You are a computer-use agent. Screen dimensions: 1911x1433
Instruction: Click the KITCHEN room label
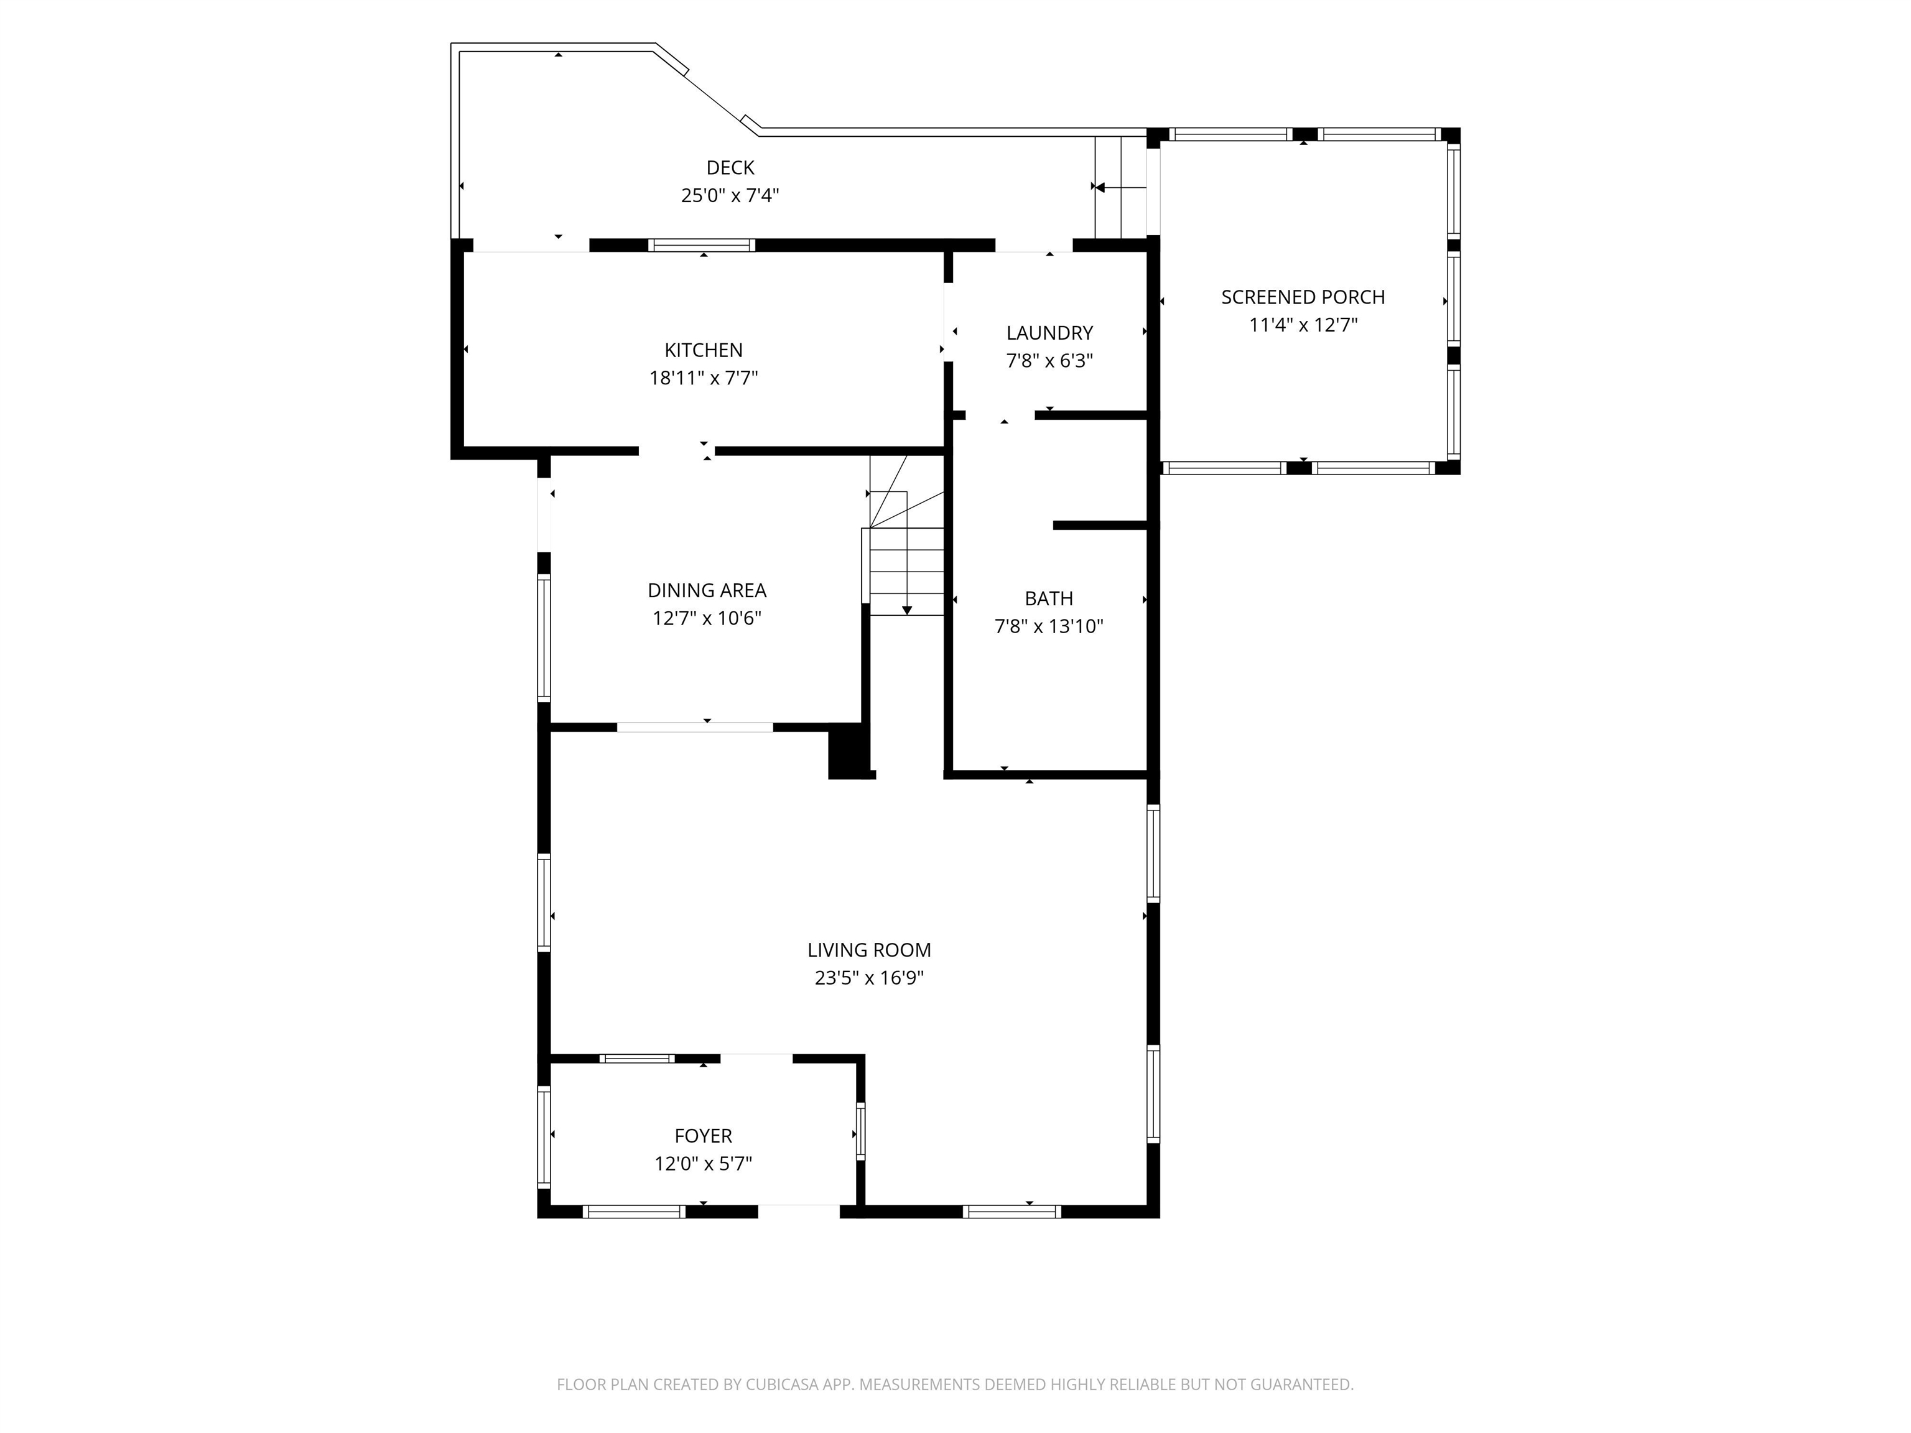pyautogui.click(x=703, y=350)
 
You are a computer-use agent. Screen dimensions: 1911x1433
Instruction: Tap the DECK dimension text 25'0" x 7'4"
pyautogui.click(x=730, y=195)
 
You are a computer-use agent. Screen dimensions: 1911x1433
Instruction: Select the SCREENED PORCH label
pyautogui.click(x=1303, y=297)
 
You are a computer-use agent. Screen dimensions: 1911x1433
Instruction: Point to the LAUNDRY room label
pyautogui.click(x=1049, y=333)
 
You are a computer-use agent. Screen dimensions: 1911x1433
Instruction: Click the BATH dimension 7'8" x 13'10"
pyautogui.click(x=1049, y=626)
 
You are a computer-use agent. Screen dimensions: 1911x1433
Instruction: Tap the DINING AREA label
pyautogui.click(x=707, y=590)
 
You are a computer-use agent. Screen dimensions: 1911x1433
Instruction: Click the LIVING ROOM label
pyautogui.click(x=869, y=950)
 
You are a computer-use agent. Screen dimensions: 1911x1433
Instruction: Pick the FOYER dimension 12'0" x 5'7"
pyautogui.click(x=703, y=1164)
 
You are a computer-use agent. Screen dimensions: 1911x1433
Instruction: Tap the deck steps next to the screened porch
pyautogui.click(x=1120, y=187)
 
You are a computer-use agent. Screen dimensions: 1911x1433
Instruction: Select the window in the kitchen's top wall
pyautogui.click(x=702, y=245)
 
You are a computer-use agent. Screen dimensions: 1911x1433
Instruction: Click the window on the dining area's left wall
pyautogui.click(x=544, y=638)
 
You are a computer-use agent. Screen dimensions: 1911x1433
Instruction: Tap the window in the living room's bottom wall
pyautogui.click(x=1011, y=1211)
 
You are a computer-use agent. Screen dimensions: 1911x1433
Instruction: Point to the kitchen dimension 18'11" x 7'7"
pyautogui.click(x=703, y=378)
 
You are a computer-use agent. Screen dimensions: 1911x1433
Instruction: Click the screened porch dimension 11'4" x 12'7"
pyautogui.click(x=1303, y=325)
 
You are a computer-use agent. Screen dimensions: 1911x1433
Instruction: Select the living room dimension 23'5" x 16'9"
pyautogui.click(x=869, y=978)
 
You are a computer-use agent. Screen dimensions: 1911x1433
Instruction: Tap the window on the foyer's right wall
pyautogui.click(x=860, y=1131)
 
